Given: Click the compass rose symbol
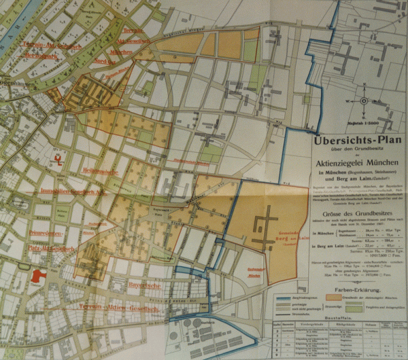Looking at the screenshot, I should click(x=364, y=101).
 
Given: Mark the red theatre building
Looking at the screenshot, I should click(x=38, y=276).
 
